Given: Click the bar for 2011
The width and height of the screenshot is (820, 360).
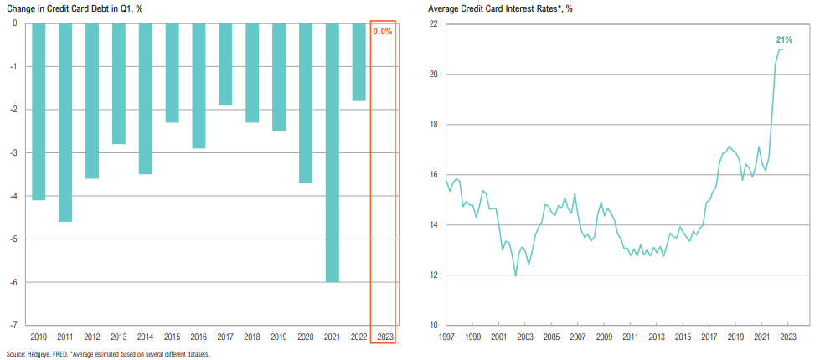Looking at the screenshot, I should [64, 122].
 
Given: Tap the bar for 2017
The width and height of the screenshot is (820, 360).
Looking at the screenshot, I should [225, 64].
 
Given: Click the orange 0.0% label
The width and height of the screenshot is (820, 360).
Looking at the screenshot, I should [383, 31].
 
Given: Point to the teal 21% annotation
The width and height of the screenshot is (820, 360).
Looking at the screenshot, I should [783, 39].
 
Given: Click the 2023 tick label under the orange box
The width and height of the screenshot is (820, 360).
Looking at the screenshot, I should [385, 336].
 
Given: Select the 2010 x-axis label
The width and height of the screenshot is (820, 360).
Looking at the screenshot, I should [39, 336].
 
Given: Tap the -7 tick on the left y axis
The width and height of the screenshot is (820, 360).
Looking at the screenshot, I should [15, 325].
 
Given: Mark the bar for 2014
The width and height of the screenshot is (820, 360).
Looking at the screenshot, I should [145, 99].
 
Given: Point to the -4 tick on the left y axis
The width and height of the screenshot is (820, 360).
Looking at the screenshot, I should [15, 196].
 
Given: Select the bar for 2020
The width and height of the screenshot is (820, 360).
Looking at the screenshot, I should [306, 103].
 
